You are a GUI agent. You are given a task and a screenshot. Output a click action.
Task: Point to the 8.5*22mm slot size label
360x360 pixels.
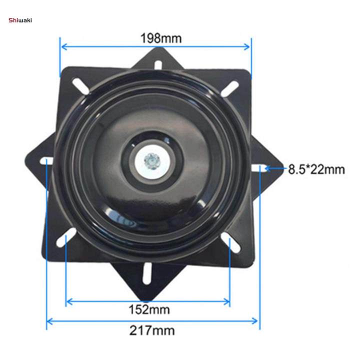(x=316, y=169)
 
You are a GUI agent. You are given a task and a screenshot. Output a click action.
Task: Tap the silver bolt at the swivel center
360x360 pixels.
(x=150, y=160)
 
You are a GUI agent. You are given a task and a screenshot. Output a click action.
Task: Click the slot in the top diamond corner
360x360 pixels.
(x=158, y=64)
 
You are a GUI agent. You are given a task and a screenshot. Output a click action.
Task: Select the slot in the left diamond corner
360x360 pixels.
(x=47, y=161)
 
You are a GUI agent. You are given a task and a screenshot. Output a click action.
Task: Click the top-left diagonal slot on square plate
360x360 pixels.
(x=80, y=85)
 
